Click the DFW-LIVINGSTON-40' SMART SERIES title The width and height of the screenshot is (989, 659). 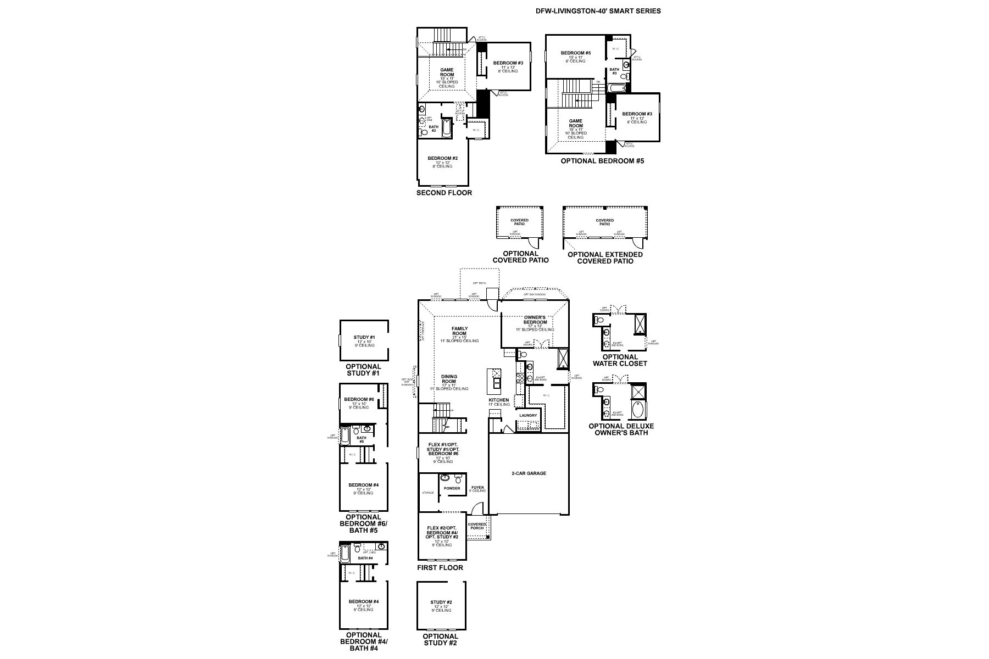(x=598, y=10)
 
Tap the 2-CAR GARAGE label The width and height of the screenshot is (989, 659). (x=529, y=473)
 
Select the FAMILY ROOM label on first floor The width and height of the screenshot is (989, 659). (x=459, y=331)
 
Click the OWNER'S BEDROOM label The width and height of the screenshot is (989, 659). (x=535, y=320)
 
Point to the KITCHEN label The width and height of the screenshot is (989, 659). (x=499, y=400)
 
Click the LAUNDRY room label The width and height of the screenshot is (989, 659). (x=527, y=415)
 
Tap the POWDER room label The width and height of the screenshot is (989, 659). (x=452, y=488)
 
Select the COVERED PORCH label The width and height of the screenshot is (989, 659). (x=477, y=526)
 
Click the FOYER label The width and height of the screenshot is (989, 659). (x=477, y=487)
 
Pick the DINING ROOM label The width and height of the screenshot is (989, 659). (x=449, y=379)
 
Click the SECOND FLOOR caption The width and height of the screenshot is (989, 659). (x=444, y=193)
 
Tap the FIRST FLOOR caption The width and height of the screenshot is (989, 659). (x=440, y=568)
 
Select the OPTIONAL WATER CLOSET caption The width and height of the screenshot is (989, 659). (x=619, y=360)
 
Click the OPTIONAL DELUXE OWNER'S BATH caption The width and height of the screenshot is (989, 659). (x=621, y=429)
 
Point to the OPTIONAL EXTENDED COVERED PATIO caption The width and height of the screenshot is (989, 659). (x=605, y=258)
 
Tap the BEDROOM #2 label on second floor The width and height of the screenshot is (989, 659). (x=442, y=159)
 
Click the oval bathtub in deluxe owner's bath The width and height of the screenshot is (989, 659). (x=638, y=410)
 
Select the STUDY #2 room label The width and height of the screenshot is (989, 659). (x=441, y=602)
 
